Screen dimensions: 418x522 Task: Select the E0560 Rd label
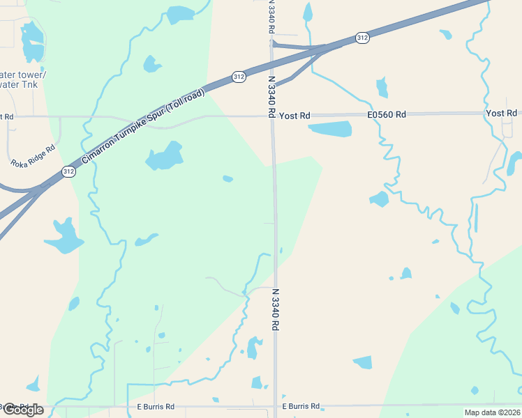pyautogui.click(x=387, y=115)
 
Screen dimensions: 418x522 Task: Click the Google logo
pyautogui.click(x=22, y=410)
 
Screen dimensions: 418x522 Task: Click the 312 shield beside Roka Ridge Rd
pyautogui.click(x=68, y=171)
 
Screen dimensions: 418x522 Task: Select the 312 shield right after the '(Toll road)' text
pyautogui.click(x=239, y=77)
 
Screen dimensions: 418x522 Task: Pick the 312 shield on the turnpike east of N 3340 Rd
pyautogui.click(x=361, y=38)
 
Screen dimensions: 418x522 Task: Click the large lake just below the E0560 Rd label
pyautogui.click(x=330, y=129)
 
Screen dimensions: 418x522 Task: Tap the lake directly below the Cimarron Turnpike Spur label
pyautogui.click(x=164, y=156)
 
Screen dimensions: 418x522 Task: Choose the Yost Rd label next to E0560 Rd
pyautogui.click(x=294, y=116)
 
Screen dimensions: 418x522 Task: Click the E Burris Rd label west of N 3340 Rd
pyautogui.click(x=156, y=406)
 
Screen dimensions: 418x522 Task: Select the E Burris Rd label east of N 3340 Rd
pyautogui.click(x=301, y=405)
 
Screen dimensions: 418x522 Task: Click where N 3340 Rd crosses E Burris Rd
pyautogui.click(x=276, y=405)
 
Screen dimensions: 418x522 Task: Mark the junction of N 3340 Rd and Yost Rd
pyautogui.click(x=272, y=116)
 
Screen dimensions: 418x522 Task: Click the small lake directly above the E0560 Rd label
pyautogui.click(x=382, y=88)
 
